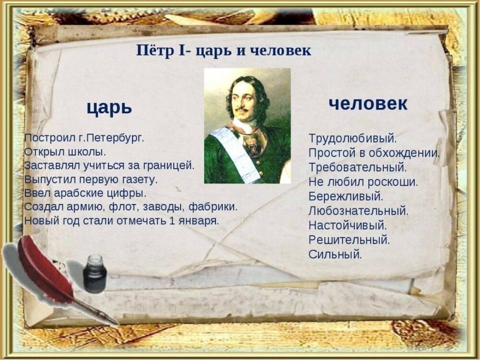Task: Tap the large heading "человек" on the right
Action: click(x=368, y=104)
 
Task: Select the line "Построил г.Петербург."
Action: click(x=84, y=138)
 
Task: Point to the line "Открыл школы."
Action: click(x=65, y=152)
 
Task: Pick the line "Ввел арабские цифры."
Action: click(x=85, y=193)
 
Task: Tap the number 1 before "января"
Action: click(x=172, y=221)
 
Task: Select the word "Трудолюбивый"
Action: click(x=352, y=138)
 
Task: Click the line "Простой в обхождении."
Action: click(x=374, y=152)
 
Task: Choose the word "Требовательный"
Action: click(x=357, y=167)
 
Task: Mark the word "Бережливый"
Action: click(x=345, y=196)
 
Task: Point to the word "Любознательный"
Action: click(x=358, y=211)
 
